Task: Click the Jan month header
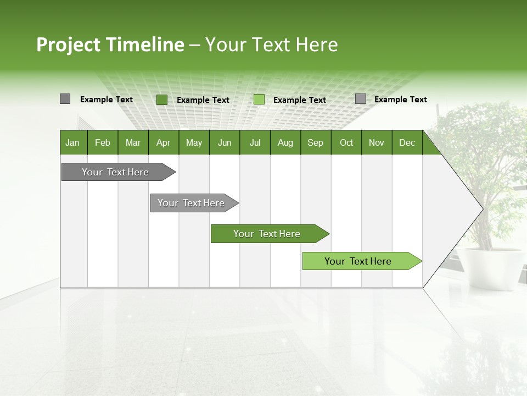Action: [x=72, y=142]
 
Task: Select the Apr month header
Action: [x=163, y=142]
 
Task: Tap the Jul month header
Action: [x=255, y=142]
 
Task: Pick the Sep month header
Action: [x=315, y=142]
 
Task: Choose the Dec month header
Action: [x=407, y=142]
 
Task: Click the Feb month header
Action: [x=103, y=142]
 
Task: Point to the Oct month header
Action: [x=346, y=142]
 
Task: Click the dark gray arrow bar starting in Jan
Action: [x=115, y=172]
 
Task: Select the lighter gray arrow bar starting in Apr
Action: [x=191, y=203]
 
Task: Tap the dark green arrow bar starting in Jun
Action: [x=267, y=234]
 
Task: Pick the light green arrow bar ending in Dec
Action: [x=358, y=261]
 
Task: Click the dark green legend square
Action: [x=161, y=100]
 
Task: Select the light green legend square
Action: [x=259, y=100]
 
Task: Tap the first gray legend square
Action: [x=65, y=99]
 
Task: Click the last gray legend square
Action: [x=360, y=99]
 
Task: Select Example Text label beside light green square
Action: [x=299, y=100]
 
